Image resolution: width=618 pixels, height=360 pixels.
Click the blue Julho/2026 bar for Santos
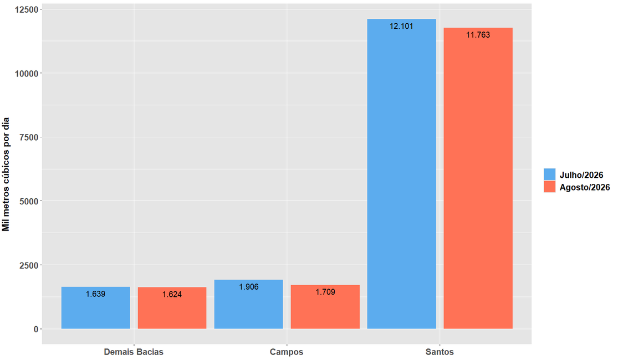tap(402, 174)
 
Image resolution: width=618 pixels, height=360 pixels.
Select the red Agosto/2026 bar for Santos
tap(478, 178)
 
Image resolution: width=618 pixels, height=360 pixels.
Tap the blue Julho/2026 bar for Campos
tap(249, 304)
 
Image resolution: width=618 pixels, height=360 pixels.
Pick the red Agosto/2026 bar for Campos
tap(325, 307)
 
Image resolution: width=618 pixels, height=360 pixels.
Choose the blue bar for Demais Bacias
tap(96, 307)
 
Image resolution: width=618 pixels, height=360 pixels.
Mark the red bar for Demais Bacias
tap(172, 308)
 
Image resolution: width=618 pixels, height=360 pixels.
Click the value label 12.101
tap(402, 27)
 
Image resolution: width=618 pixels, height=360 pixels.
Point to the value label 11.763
tap(478, 35)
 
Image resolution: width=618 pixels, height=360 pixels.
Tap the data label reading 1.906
tap(249, 287)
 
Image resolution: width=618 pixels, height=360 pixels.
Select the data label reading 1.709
tap(325, 292)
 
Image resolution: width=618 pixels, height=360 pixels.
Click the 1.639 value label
tap(96, 294)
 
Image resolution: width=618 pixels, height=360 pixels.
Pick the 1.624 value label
tap(172, 295)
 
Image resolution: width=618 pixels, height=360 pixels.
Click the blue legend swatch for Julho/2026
tap(549, 174)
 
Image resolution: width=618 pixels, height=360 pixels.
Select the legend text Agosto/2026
tap(585, 187)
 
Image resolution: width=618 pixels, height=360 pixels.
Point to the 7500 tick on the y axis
tap(29, 137)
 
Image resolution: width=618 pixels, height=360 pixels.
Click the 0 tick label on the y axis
tap(36, 330)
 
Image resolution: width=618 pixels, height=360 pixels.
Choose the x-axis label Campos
tap(287, 352)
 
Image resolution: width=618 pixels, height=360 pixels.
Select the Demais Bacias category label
tap(134, 352)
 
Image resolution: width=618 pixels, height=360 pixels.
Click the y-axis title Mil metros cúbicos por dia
tap(6, 174)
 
